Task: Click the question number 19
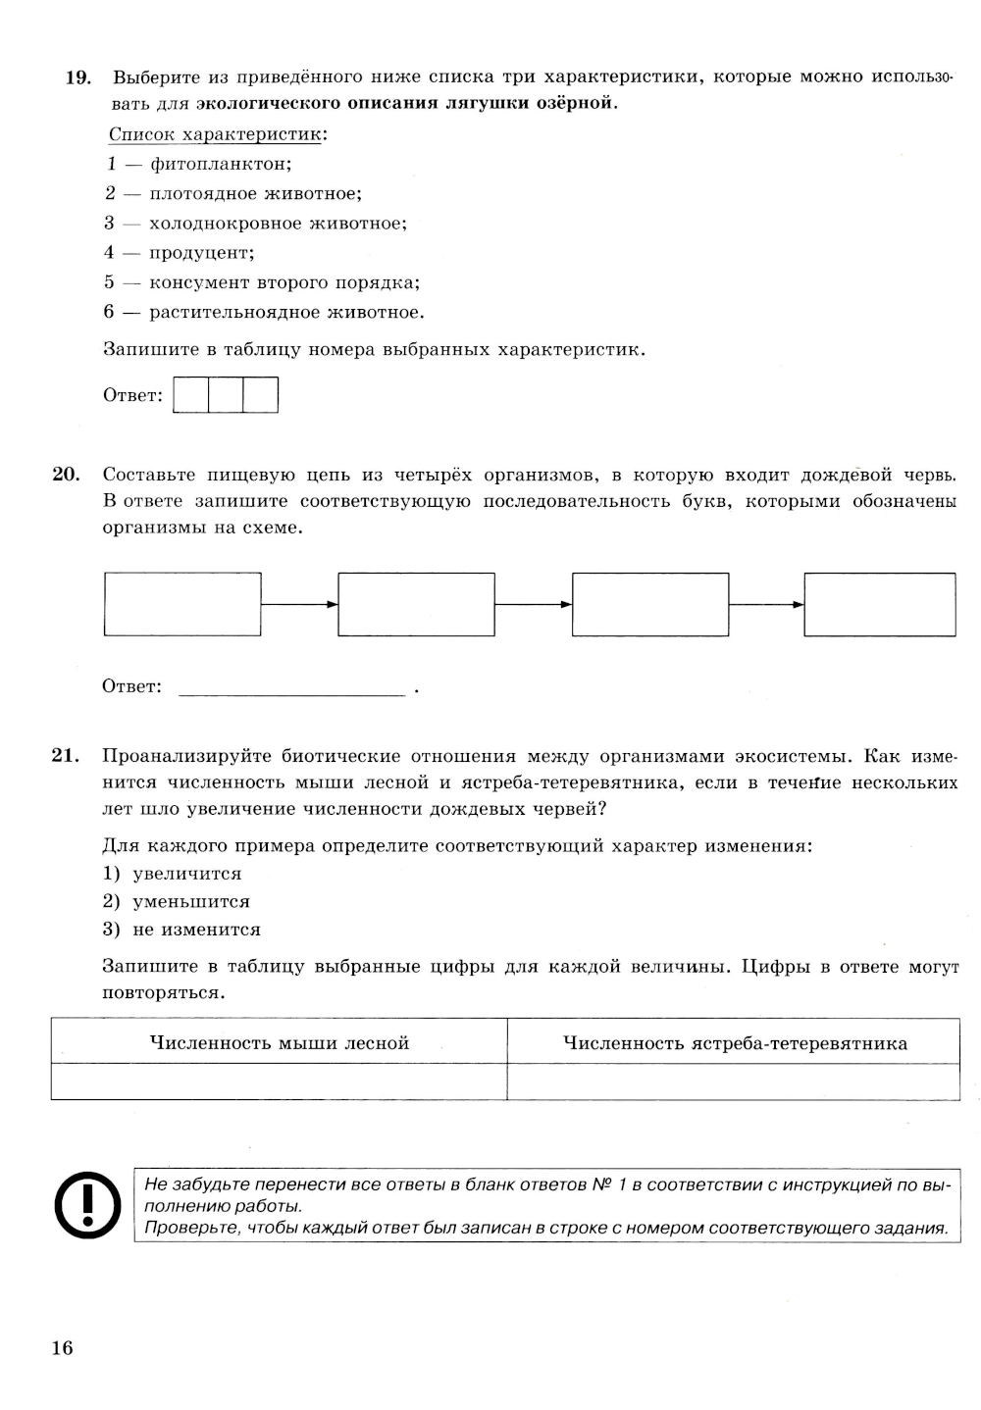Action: [x=77, y=76]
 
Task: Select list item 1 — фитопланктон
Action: [x=199, y=164]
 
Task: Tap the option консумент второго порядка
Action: [x=262, y=283]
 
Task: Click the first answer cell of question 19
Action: [x=191, y=395]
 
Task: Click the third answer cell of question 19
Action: [x=261, y=395]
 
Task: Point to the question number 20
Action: [x=65, y=475]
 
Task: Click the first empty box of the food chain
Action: [x=182, y=604]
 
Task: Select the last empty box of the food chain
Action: [x=880, y=604]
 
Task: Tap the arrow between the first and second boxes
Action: [x=300, y=604]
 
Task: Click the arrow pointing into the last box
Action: [x=767, y=604]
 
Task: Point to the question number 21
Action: [x=65, y=756]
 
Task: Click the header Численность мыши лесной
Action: [x=279, y=1043]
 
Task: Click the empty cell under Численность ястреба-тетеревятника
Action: [x=734, y=1083]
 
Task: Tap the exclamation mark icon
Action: [x=87, y=1204]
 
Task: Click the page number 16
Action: [x=62, y=1348]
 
